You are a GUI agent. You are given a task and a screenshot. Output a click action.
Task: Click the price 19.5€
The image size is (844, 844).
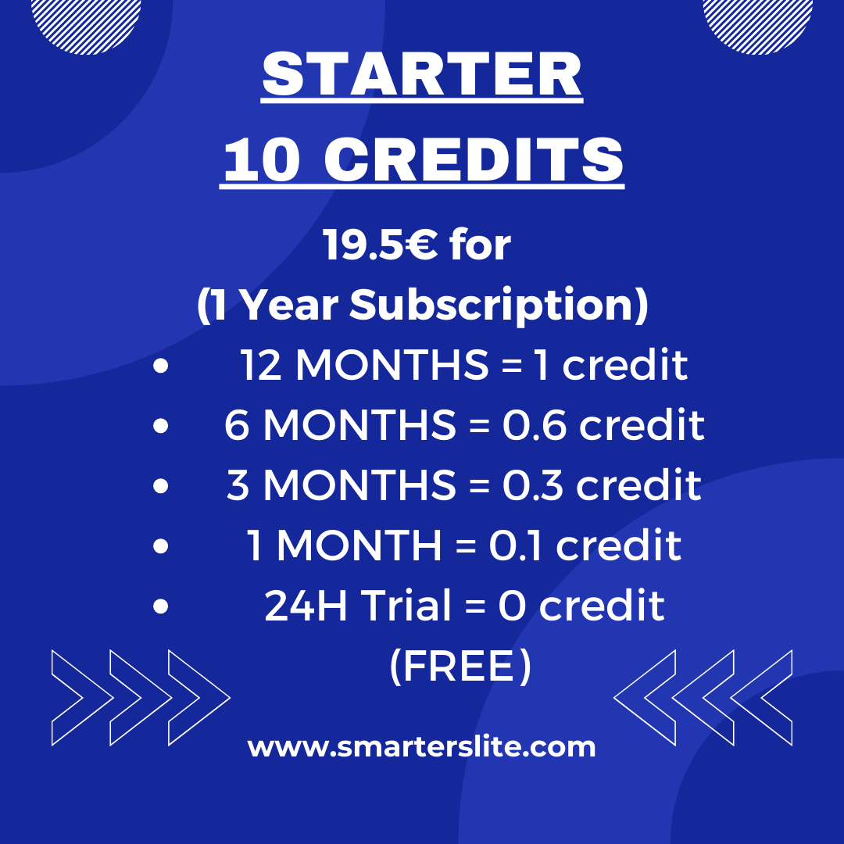click(x=380, y=247)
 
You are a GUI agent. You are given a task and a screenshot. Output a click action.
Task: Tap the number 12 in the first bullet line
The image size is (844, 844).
click(x=263, y=366)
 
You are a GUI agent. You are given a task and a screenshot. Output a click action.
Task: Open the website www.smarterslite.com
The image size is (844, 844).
click(x=422, y=747)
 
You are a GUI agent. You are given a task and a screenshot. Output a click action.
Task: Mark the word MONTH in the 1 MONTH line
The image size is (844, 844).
click(x=359, y=546)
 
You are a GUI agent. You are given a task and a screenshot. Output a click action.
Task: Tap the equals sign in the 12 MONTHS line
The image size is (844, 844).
click(x=510, y=366)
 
